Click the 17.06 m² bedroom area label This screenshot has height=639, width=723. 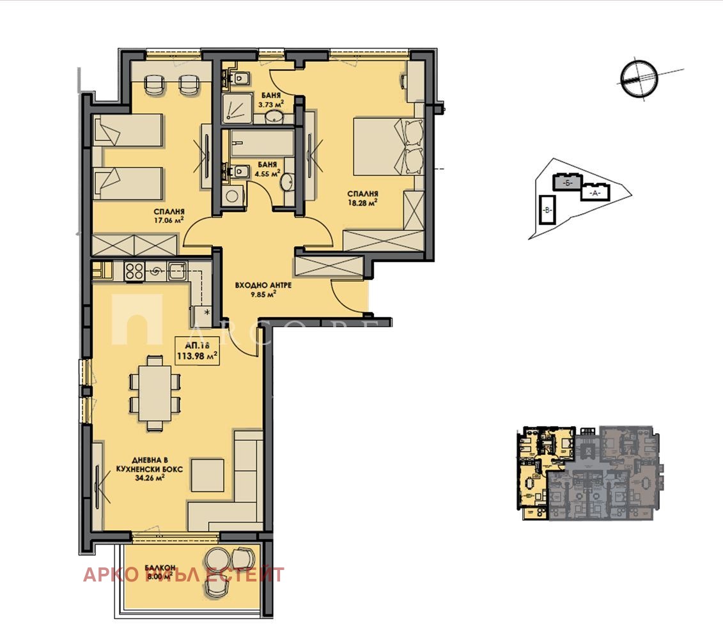(x=169, y=217)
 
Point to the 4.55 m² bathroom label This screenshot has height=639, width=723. (x=267, y=167)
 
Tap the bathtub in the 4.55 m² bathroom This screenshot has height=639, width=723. (x=263, y=142)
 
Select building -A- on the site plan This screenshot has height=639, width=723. (x=595, y=192)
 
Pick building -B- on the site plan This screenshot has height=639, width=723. (x=547, y=210)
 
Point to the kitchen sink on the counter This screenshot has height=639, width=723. (x=175, y=271)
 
